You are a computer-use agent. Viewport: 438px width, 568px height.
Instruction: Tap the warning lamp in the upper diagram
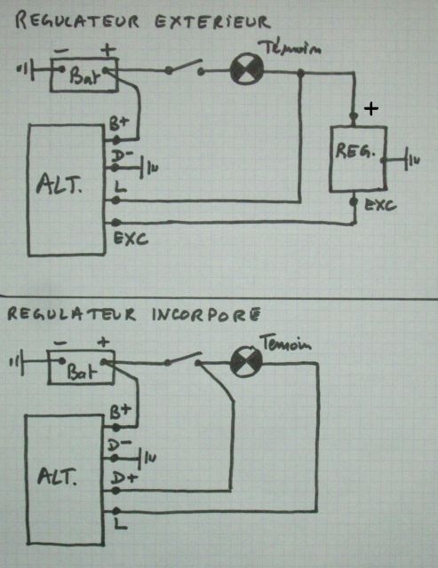(x=247, y=68)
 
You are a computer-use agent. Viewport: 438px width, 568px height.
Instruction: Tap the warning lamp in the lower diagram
(x=247, y=362)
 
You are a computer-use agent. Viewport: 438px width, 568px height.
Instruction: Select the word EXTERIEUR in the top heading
(x=212, y=21)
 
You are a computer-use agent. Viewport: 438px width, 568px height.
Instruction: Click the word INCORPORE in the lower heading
(x=206, y=315)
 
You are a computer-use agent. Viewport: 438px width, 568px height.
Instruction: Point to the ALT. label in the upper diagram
(x=60, y=184)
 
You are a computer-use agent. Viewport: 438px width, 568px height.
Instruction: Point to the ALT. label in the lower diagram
(x=57, y=476)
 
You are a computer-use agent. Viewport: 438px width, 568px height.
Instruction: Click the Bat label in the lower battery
(x=82, y=370)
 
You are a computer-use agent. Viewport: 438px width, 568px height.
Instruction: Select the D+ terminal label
(x=124, y=477)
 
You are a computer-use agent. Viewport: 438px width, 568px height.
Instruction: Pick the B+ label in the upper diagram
(x=119, y=124)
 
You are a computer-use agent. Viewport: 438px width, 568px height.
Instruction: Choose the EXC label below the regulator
(x=380, y=205)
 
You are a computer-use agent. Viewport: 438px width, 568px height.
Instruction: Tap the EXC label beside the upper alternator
(x=131, y=239)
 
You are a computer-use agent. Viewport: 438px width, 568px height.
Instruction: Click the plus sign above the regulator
(x=370, y=108)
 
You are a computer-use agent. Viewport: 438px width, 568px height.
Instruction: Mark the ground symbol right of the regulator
(x=411, y=160)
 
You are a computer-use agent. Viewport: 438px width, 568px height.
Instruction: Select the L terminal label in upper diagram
(x=120, y=186)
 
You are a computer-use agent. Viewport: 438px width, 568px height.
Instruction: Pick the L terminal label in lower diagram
(x=120, y=524)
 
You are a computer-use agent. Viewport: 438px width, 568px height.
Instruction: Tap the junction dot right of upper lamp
(x=300, y=73)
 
